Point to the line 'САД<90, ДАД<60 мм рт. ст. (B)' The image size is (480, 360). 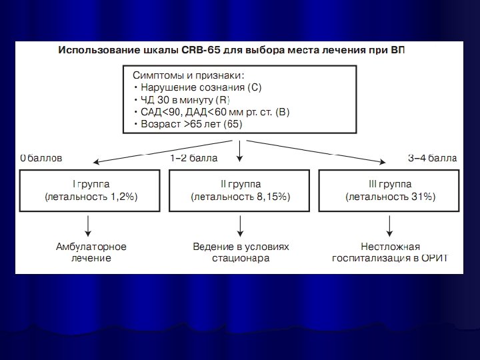[211, 112]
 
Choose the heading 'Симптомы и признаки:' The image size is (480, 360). [184, 75]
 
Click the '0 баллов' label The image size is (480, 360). [41, 159]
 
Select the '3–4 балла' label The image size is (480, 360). [432, 159]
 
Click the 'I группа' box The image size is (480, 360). [91, 190]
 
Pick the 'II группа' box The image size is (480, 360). [241, 190]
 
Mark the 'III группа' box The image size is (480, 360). [390, 190]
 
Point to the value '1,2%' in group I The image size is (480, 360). [124, 197]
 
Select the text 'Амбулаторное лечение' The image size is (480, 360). [91, 252]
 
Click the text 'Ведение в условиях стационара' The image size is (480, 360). [241, 252]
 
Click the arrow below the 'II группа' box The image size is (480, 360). [240, 224]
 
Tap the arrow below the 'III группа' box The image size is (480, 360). [389, 224]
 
